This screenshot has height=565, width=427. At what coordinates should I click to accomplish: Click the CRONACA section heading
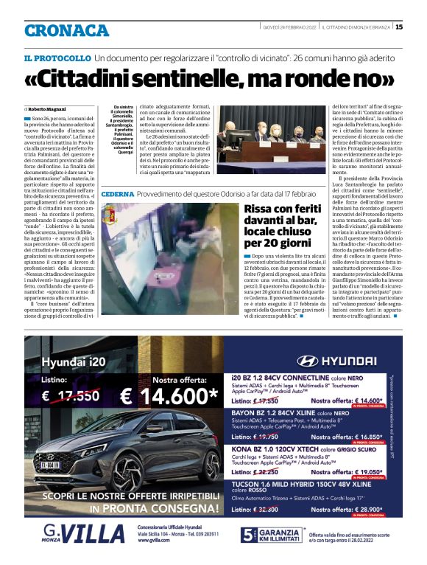coord(66,30)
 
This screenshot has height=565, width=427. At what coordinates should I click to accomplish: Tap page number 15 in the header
coord(399,27)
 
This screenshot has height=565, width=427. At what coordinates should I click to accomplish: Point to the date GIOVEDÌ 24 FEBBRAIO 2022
coord(290,27)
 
